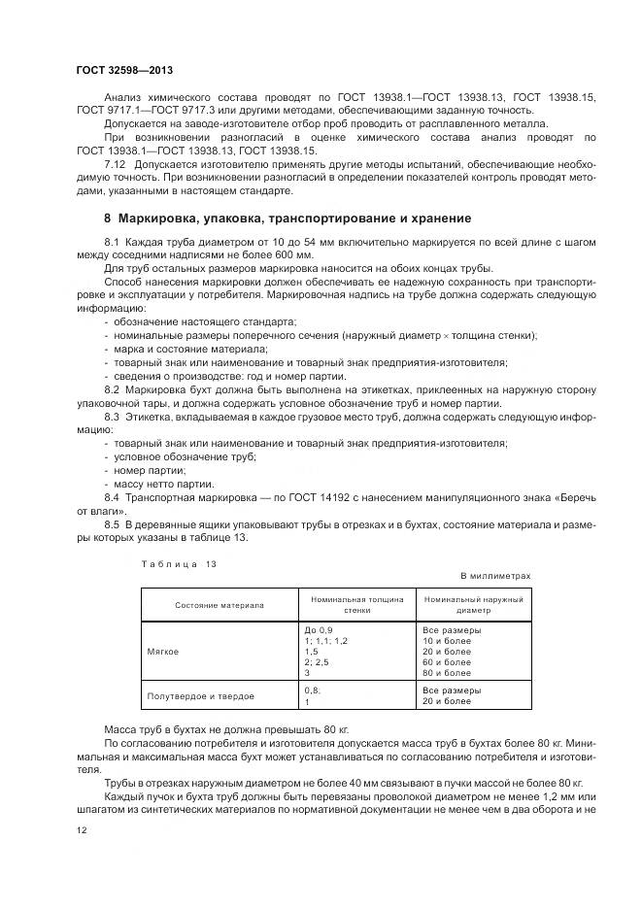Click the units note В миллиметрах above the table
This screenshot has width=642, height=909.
(x=495, y=576)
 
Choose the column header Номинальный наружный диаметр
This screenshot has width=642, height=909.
(x=473, y=605)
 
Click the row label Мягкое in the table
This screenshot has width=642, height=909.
(x=161, y=651)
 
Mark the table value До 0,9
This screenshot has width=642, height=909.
(x=318, y=629)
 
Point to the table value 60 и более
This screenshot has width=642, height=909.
(x=447, y=661)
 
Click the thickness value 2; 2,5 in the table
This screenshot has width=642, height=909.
(x=318, y=661)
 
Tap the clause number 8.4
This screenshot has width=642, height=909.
(x=111, y=496)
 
